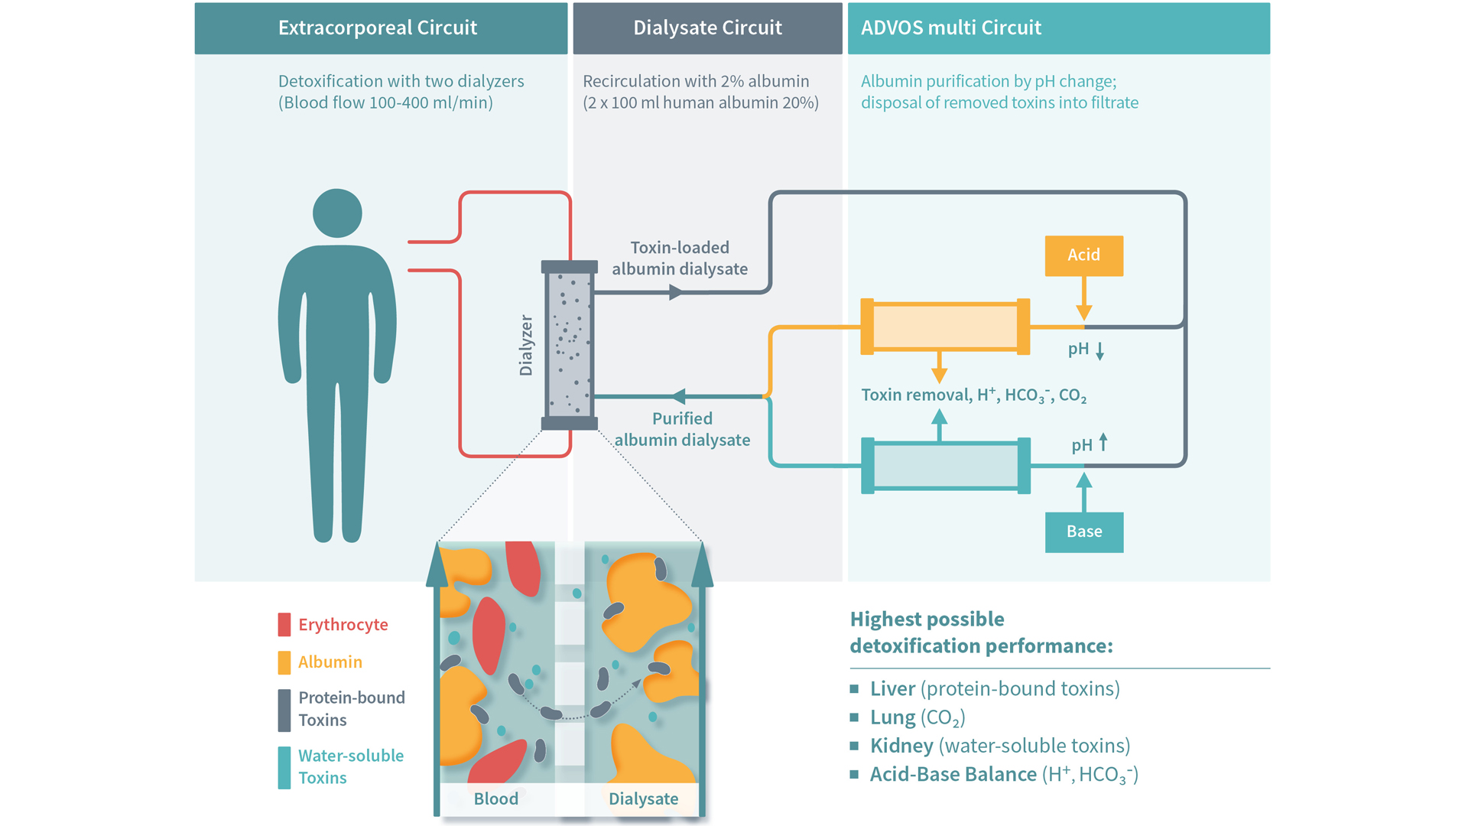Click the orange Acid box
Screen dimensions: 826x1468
point(1083,255)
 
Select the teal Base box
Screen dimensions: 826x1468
point(1083,532)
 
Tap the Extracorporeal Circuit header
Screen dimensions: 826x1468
point(378,28)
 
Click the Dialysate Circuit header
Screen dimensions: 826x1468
point(707,28)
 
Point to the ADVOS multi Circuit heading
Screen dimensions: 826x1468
point(950,28)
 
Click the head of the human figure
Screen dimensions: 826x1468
point(337,213)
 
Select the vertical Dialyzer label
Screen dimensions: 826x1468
point(526,345)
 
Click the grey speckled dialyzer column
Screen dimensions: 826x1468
point(569,345)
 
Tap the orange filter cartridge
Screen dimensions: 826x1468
point(945,327)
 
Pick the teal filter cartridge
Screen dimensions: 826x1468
point(945,465)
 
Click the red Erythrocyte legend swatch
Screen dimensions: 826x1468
point(284,625)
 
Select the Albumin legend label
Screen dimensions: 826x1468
point(330,662)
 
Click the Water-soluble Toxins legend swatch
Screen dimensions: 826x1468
point(284,767)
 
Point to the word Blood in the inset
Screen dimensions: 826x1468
point(495,799)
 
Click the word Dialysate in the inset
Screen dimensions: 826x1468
point(643,799)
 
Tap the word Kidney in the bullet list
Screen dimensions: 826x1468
point(901,746)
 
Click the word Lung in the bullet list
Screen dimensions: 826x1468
point(892,717)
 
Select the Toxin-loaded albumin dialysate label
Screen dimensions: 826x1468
point(680,259)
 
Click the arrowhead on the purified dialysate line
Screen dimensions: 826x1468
point(678,396)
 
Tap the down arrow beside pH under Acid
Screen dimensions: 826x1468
point(1100,351)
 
